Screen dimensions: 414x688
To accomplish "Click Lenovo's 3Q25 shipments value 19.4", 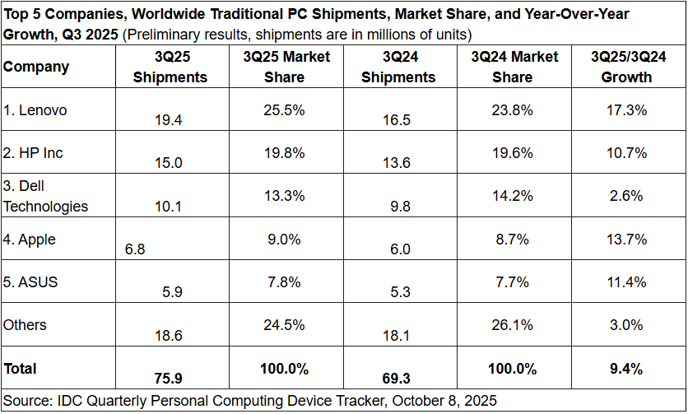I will click(x=169, y=119).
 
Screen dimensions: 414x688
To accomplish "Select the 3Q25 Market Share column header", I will click(x=286, y=67).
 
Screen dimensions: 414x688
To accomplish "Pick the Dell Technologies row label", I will click(x=45, y=197).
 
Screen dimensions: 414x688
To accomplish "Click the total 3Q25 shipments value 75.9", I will click(x=169, y=379).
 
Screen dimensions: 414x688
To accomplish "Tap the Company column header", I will click(x=36, y=67).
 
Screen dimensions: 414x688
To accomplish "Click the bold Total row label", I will click(x=21, y=369).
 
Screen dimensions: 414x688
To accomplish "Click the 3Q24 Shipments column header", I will click(x=398, y=67).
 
